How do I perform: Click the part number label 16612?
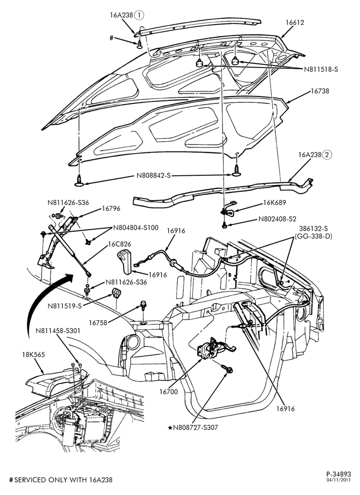coord(295,22)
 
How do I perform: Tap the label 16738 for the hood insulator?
coord(319,91)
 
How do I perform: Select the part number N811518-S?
coord(321,69)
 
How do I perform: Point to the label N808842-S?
coord(153,176)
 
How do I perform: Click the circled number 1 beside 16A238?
coord(139,14)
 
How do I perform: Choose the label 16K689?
coord(274,202)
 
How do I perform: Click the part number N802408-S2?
coord(277,219)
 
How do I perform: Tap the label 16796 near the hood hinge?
coord(111,209)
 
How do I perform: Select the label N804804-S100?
coord(136,228)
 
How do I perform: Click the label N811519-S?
coord(65,305)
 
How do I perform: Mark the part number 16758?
coord(98,322)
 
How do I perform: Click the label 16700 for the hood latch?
coord(169,392)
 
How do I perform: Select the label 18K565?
coord(34,354)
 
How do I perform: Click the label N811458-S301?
coord(58,331)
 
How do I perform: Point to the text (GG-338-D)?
coord(313,236)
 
